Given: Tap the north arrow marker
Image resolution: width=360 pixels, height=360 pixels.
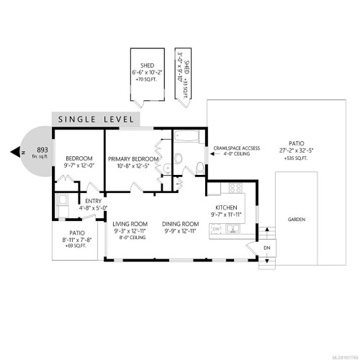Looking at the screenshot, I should click(x=14, y=152).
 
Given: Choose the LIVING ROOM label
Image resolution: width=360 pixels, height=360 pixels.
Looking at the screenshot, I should click(x=130, y=224).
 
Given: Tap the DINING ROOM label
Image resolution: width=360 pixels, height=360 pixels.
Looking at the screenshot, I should click(x=179, y=224).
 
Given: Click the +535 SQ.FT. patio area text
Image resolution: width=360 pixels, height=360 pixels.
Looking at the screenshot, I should click(x=297, y=157).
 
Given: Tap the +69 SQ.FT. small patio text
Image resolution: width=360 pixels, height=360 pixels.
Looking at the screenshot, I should click(x=75, y=245).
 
